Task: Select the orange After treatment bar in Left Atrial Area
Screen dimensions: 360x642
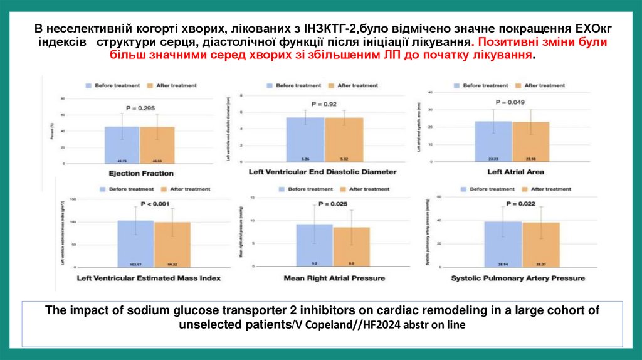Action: [x=530, y=142]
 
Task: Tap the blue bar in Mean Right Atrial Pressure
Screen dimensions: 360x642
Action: [x=314, y=246]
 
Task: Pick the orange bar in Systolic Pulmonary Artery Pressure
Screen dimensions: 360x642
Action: [x=540, y=245]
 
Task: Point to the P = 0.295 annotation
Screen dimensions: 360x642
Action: [x=140, y=108]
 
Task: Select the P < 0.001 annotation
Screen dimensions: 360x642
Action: [x=154, y=204]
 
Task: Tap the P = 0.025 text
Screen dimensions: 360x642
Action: [x=332, y=204]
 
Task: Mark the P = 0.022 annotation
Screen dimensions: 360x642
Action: [x=520, y=204]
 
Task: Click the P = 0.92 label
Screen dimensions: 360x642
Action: [x=325, y=104]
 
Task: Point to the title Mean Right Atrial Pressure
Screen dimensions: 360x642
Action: [x=334, y=278]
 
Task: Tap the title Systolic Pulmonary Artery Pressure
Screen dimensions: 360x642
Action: [x=518, y=278]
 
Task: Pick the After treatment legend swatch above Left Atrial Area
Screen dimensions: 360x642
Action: [x=517, y=85]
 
